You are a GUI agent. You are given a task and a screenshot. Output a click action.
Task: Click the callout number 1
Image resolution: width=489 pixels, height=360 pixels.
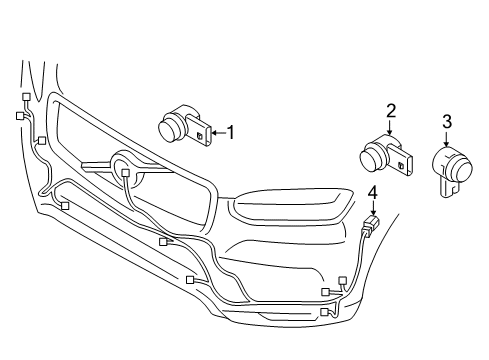pyautogui.click(x=232, y=131)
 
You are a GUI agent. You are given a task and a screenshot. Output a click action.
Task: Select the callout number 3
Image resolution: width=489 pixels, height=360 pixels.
pyautogui.click(x=446, y=121)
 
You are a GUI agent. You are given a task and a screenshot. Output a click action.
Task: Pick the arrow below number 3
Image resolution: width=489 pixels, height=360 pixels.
pyautogui.click(x=446, y=137)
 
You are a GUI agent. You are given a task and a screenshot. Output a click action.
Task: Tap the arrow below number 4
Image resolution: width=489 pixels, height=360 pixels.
pyautogui.click(x=372, y=205)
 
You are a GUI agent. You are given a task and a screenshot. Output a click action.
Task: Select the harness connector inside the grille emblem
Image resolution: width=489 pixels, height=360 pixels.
pyautogui.click(x=125, y=173)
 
